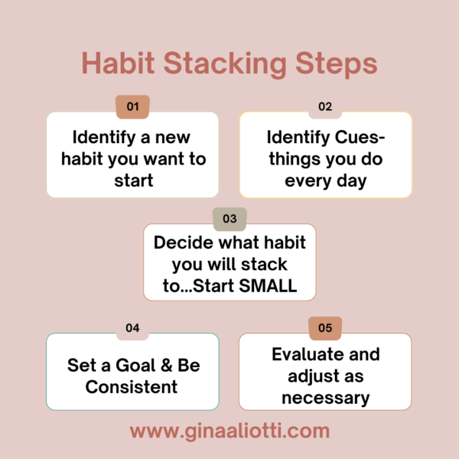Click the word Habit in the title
point(118,63)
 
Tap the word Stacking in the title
point(224,65)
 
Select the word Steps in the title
point(336,65)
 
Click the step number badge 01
point(132,107)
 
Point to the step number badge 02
point(325,107)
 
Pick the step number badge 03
point(229,219)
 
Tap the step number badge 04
point(132,328)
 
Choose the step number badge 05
point(325,328)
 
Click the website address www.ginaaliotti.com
point(229,431)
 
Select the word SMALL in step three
point(268,285)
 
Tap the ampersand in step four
point(166,366)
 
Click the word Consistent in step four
point(132,387)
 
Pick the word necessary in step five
point(326,399)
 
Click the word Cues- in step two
point(360,137)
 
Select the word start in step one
point(133,181)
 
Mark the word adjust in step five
point(311,377)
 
